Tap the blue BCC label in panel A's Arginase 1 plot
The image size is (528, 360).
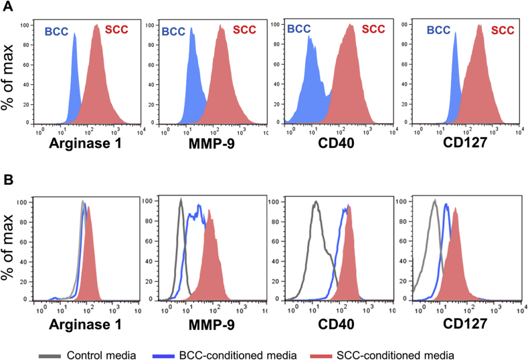[56, 30]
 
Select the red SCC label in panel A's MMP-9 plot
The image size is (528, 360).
[245, 30]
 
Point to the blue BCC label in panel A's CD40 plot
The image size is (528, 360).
[299, 29]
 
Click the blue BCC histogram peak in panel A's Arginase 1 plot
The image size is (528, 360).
[74, 37]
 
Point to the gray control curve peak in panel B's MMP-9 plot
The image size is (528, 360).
[180, 200]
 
